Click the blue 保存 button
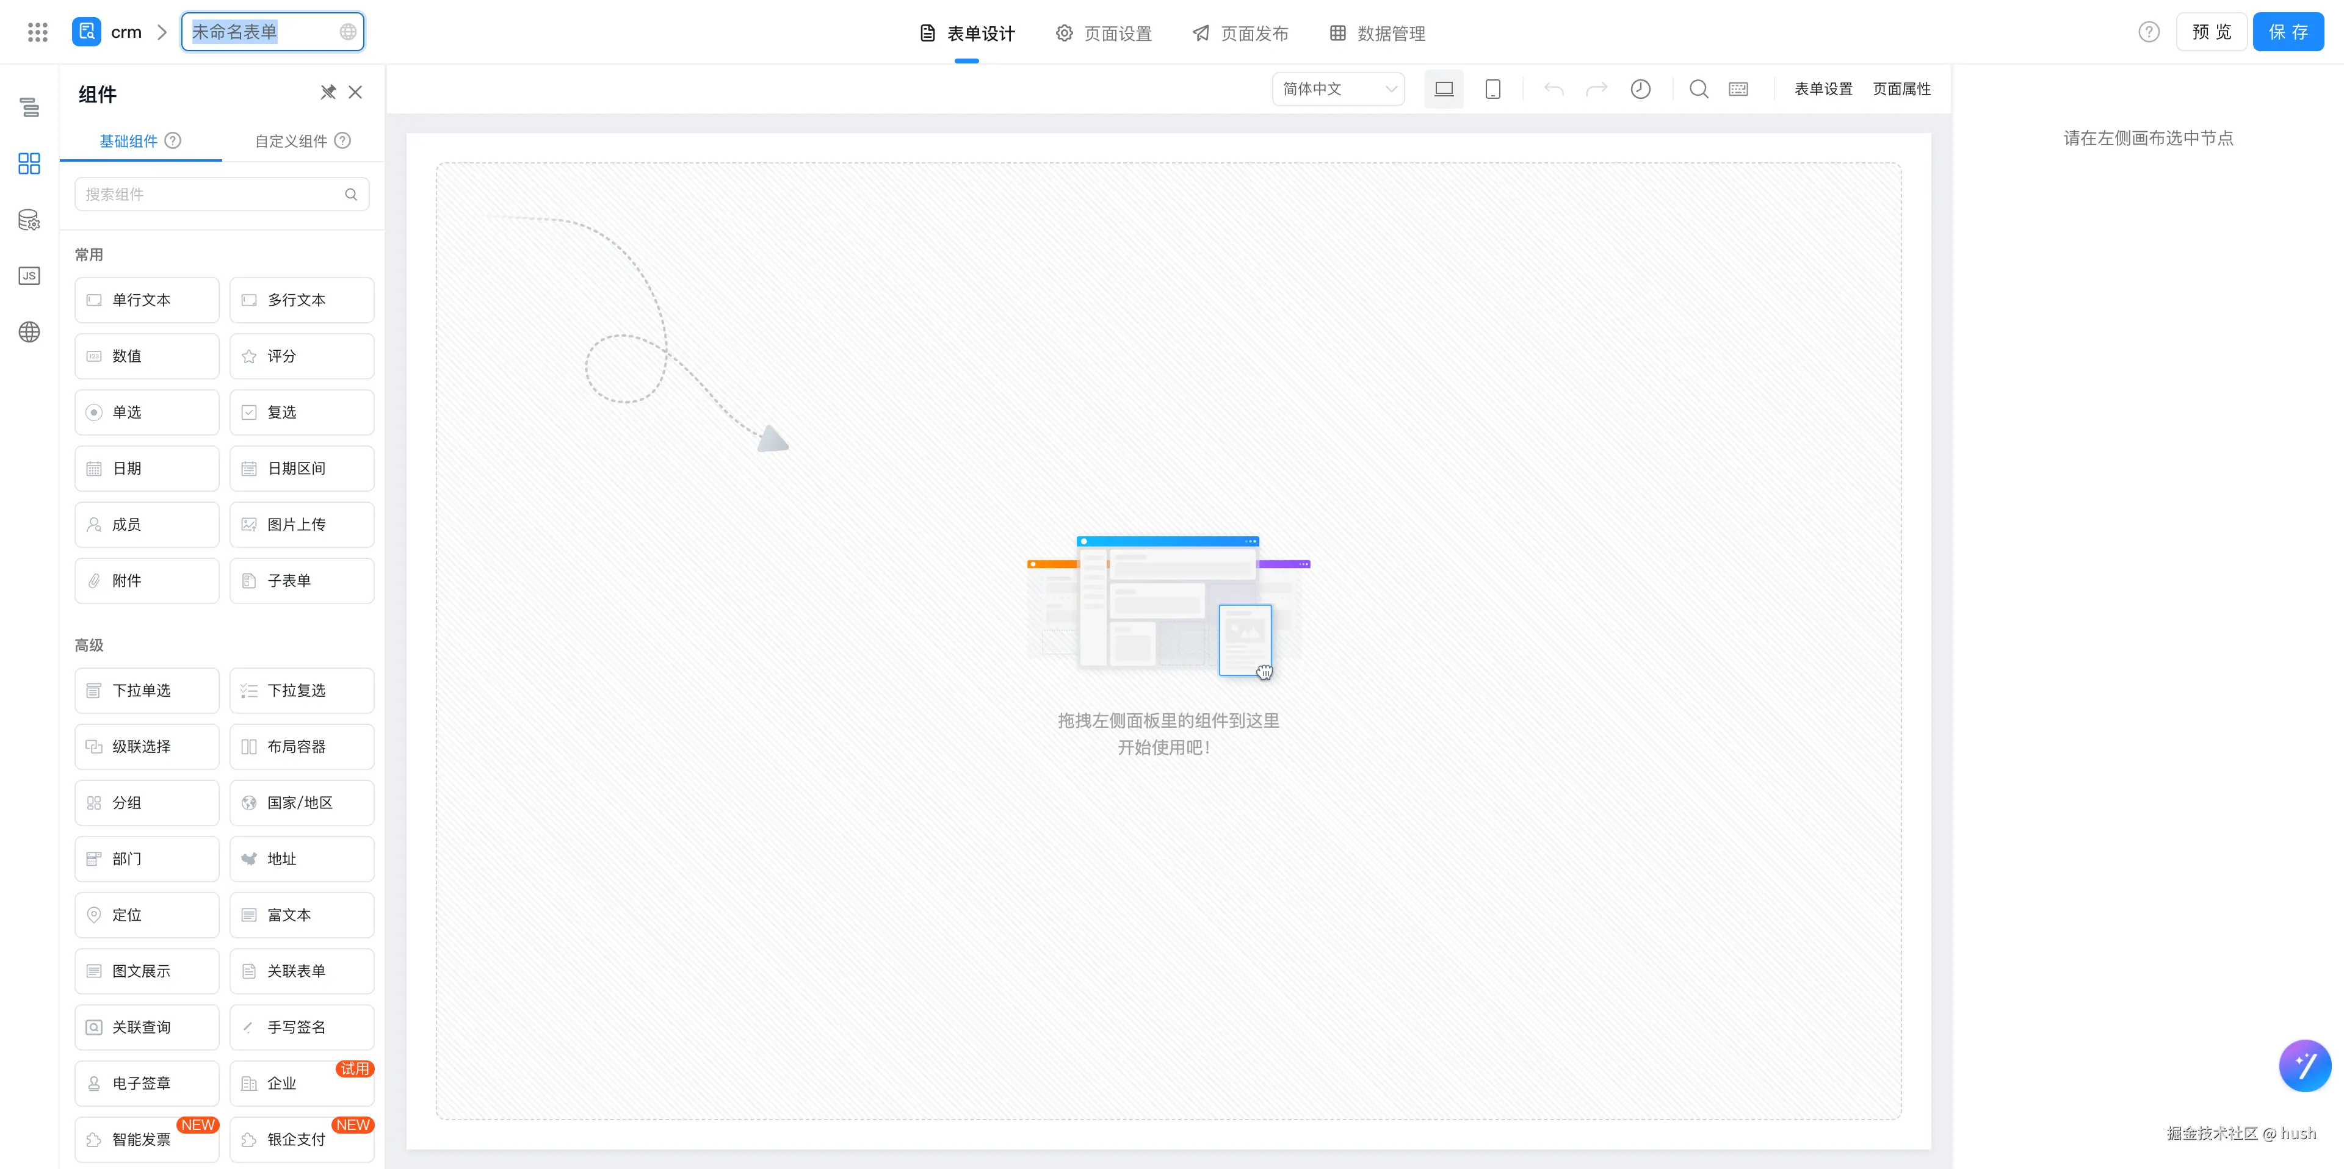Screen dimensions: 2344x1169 tap(2288, 32)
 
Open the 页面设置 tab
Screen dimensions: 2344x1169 tap(1104, 34)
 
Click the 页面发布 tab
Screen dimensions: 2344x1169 tap(1240, 34)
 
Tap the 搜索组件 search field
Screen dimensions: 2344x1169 tap(222, 195)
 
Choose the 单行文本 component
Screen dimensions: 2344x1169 tap(146, 300)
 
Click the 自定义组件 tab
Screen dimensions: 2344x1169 tap(302, 141)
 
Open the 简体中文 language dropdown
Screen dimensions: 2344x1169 tap(1337, 89)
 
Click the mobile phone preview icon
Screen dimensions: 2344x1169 tap(1492, 89)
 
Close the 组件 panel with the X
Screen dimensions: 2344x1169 tap(355, 93)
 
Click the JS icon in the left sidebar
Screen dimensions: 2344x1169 tap(29, 276)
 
